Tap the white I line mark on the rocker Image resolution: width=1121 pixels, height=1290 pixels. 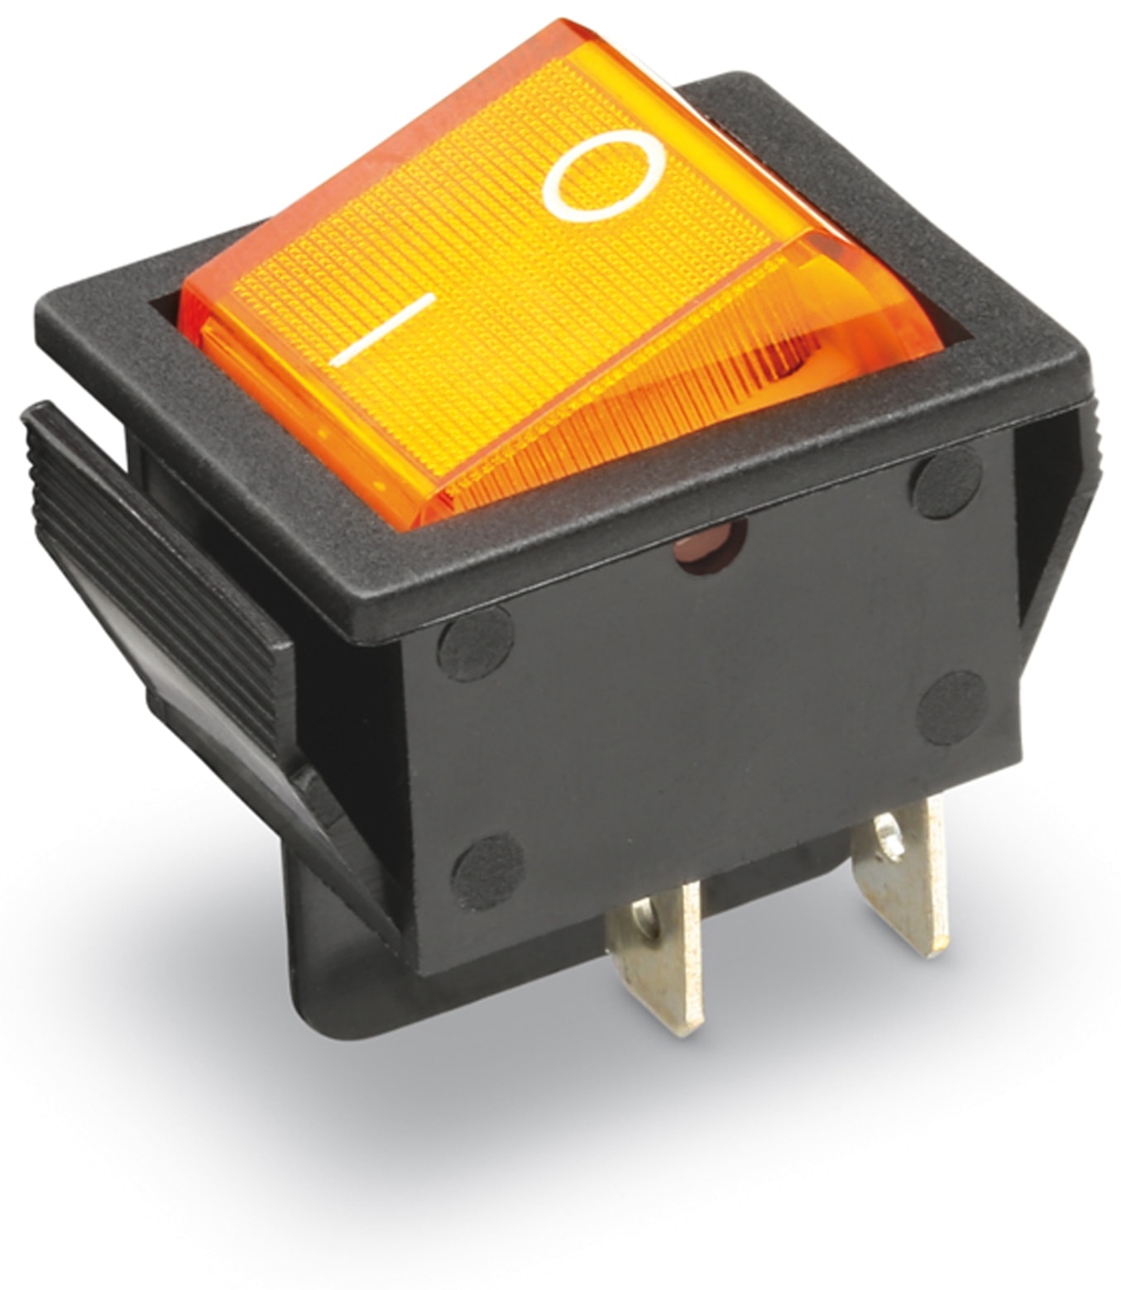pos(382,330)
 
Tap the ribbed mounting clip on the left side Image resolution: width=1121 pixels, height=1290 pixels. pos(158,567)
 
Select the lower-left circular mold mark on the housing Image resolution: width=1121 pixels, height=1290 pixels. pos(487,872)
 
